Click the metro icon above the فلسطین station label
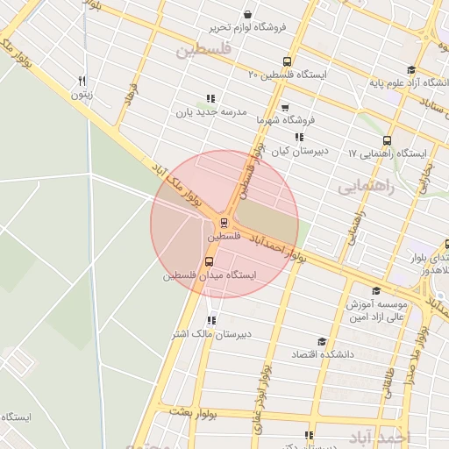coord(224,222)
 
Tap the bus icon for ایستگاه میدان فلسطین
coord(209,261)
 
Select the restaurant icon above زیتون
coord(82,79)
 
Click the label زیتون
coord(82,94)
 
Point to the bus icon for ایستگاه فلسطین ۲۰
coord(288,61)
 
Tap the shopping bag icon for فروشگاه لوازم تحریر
coord(248,14)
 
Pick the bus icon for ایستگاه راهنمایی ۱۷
coord(387,139)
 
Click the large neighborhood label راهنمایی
coord(366,187)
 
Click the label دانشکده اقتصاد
coord(322,354)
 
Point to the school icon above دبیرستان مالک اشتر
coord(210,320)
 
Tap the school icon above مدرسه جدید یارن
coord(209,98)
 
